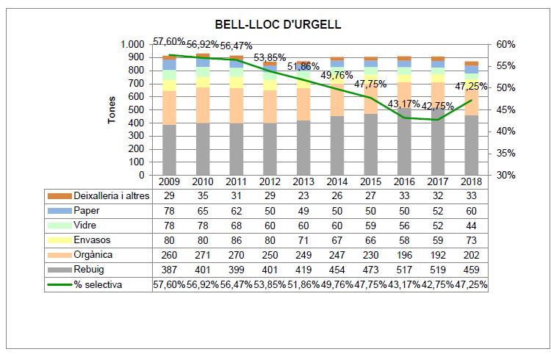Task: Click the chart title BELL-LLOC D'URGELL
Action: [277, 25]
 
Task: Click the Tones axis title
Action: [112, 109]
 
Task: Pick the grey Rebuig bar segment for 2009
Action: [169, 150]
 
